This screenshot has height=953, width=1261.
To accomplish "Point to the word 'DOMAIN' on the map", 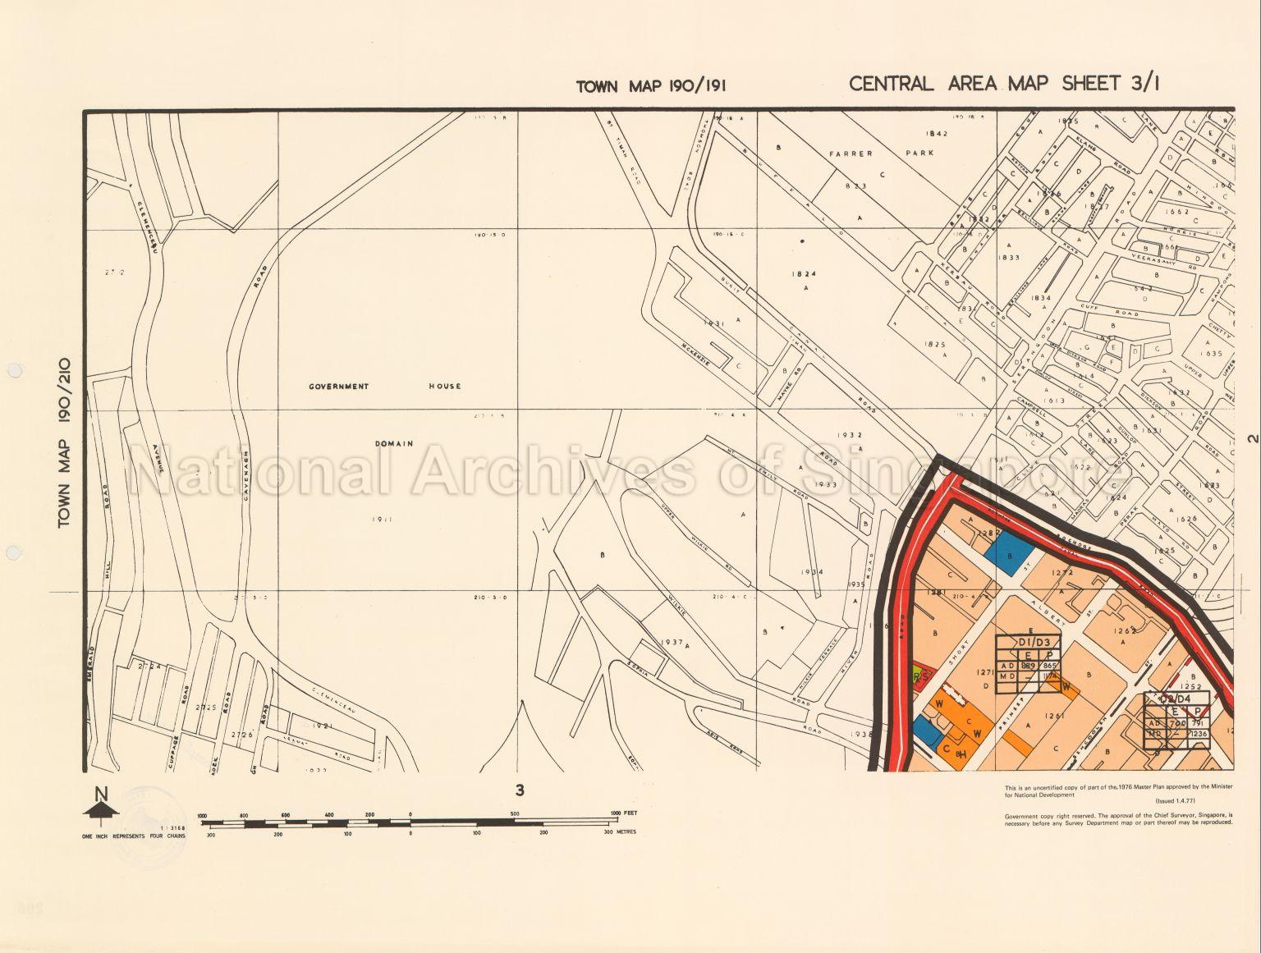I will click(393, 443).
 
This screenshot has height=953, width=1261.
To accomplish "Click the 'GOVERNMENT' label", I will click(339, 386).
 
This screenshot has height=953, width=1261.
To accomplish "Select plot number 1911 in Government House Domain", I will click(379, 520).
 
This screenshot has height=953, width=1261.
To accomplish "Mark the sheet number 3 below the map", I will click(519, 790).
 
